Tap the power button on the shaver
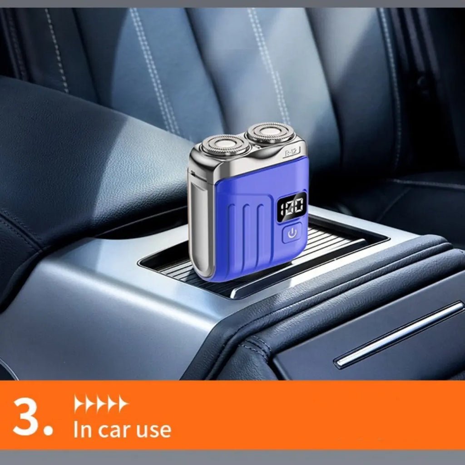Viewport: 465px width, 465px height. [291, 233]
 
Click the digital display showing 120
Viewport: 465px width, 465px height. [292, 207]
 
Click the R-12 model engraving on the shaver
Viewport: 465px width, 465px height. [290, 153]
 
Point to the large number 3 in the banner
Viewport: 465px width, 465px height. [26, 416]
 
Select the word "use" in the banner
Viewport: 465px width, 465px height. [153, 430]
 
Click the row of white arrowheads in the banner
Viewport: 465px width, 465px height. [101, 404]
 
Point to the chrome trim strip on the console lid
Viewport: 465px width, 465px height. [399, 335]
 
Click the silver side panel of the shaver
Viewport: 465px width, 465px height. [201, 225]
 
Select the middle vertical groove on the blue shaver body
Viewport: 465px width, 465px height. [246, 237]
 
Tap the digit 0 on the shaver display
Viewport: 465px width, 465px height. [298, 206]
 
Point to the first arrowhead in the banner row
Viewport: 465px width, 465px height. [79, 404]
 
